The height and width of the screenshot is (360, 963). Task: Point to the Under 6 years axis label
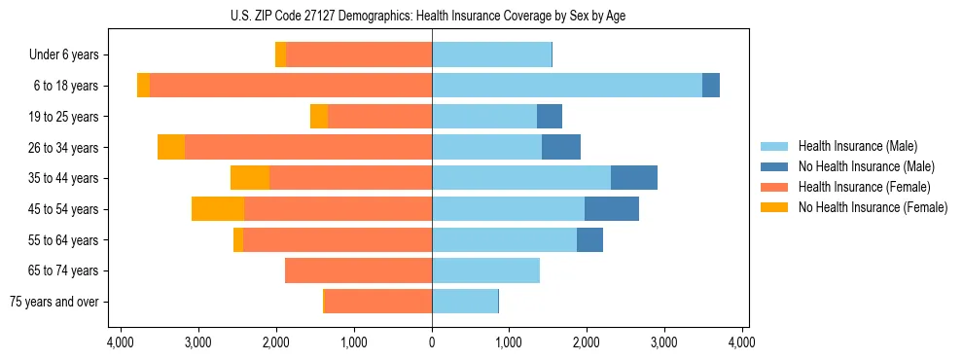tap(63, 55)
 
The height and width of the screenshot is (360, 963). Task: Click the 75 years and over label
tap(53, 302)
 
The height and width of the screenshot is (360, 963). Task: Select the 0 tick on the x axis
tap(432, 342)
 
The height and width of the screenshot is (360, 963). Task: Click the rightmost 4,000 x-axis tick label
tap(741, 342)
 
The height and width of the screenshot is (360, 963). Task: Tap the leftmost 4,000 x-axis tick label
tap(121, 342)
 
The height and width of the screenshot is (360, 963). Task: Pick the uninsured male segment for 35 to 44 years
tap(633, 178)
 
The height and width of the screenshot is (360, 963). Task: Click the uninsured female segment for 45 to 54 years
tap(218, 208)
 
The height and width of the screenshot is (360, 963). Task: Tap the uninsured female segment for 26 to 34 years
tap(171, 147)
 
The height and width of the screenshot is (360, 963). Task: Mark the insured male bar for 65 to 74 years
tap(485, 270)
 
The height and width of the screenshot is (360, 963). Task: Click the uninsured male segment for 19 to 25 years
tap(550, 117)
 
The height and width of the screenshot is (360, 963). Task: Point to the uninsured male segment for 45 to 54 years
tap(612, 208)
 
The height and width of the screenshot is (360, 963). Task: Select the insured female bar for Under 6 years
tap(359, 55)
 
